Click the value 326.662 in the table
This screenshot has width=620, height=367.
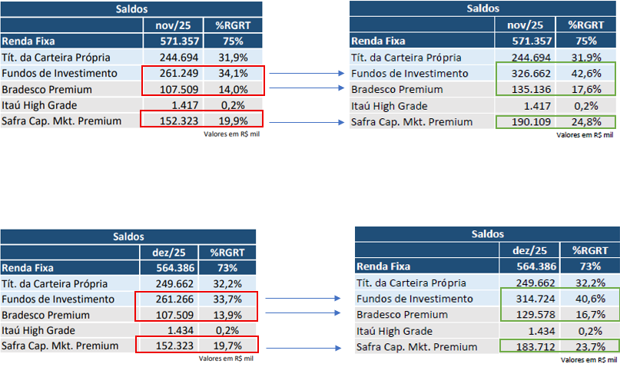pos(527,74)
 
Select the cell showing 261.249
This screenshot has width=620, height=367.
pos(176,73)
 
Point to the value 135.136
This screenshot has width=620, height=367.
pos(527,90)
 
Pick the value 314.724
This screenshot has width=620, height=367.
pos(531,299)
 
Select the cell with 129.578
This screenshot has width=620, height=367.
pos(531,315)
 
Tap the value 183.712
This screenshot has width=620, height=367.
pos(531,347)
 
